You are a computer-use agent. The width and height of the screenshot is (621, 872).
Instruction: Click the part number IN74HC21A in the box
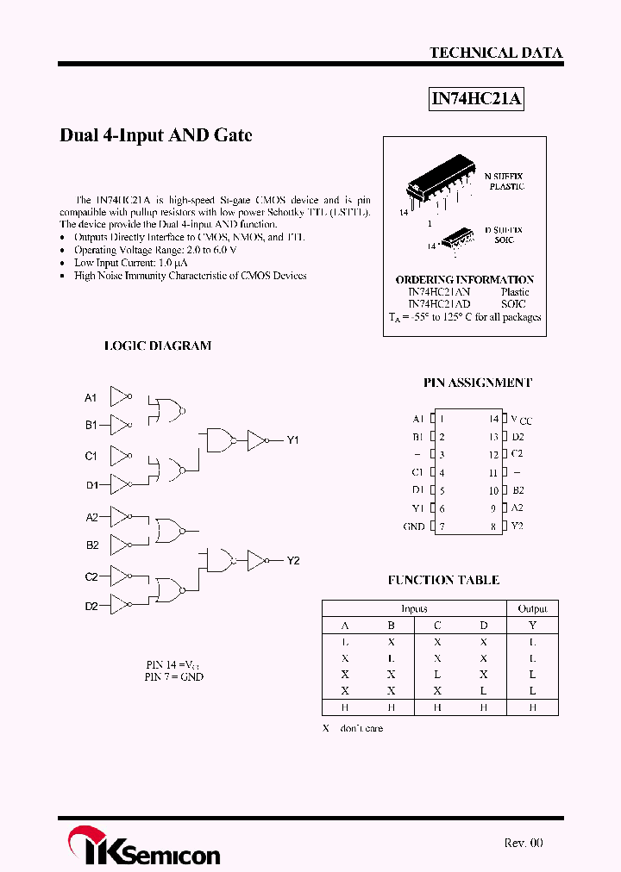pyautogui.click(x=476, y=99)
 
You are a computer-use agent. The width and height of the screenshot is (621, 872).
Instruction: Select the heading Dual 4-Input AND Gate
pyautogui.click(x=155, y=135)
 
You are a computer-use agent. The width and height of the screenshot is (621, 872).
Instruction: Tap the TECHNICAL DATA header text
pyautogui.click(x=496, y=53)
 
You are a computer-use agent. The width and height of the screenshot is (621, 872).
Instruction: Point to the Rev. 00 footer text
pyautogui.click(x=523, y=843)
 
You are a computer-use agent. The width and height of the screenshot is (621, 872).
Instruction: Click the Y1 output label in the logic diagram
pyautogui.click(x=292, y=440)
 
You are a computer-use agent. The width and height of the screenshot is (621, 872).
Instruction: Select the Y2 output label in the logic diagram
pyautogui.click(x=292, y=561)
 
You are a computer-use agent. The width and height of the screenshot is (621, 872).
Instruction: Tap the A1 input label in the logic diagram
pyautogui.click(x=91, y=397)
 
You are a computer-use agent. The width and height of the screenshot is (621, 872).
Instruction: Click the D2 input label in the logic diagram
pyautogui.click(x=91, y=607)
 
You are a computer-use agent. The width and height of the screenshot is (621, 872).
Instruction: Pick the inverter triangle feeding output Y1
pyautogui.click(x=257, y=440)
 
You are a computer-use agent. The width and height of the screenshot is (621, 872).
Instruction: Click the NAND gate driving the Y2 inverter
pyautogui.click(x=220, y=560)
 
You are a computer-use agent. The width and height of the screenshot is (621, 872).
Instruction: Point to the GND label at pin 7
pyautogui.click(x=414, y=526)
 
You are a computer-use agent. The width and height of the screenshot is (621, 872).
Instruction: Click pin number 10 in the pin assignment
pyautogui.click(x=493, y=490)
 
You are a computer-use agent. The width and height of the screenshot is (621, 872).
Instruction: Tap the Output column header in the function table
pyautogui.click(x=532, y=608)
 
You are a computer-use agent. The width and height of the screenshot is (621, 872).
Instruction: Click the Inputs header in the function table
pyautogui.click(x=414, y=608)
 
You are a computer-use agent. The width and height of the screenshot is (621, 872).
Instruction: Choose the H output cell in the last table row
pyautogui.click(x=532, y=707)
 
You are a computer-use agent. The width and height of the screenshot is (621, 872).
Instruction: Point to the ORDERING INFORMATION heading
pyautogui.click(x=464, y=279)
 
